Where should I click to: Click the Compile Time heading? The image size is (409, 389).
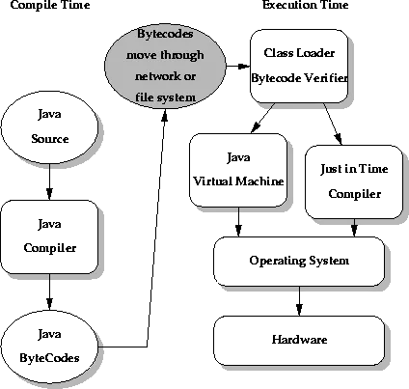click(x=50, y=5)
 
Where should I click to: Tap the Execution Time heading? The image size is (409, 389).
click(x=306, y=5)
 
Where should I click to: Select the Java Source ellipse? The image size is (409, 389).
click(x=49, y=127)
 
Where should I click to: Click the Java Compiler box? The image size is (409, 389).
click(x=49, y=236)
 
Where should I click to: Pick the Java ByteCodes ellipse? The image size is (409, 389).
click(x=49, y=347)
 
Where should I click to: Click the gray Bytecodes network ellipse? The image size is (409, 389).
click(x=165, y=66)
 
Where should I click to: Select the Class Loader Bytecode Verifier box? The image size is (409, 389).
click(x=299, y=67)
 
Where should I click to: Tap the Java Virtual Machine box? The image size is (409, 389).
click(x=238, y=170)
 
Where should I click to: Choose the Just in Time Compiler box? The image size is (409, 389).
click(x=354, y=182)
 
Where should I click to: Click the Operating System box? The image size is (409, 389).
click(x=299, y=262)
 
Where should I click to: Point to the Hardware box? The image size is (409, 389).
click(x=299, y=341)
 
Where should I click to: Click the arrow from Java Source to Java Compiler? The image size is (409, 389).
click(x=49, y=182)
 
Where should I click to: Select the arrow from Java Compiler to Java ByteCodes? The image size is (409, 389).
click(x=49, y=292)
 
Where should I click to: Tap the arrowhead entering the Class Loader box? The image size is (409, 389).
click(x=244, y=67)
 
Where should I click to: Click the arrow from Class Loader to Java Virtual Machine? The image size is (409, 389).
click(x=263, y=118)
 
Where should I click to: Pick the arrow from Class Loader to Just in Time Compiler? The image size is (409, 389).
click(x=333, y=125)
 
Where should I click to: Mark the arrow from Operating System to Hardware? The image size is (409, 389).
click(x=299, y=301)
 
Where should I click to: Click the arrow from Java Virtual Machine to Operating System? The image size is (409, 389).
click(x=238, y=222)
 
